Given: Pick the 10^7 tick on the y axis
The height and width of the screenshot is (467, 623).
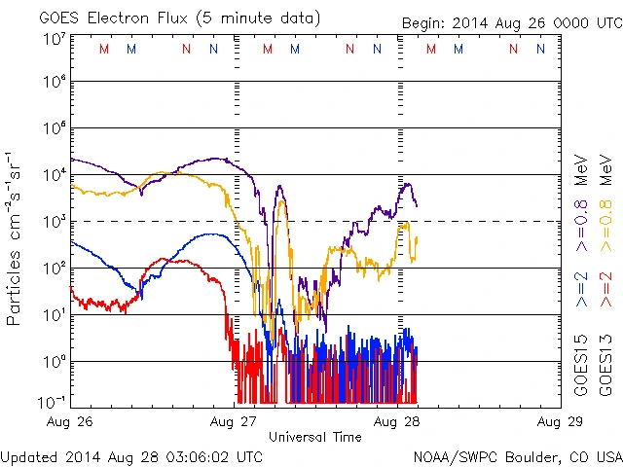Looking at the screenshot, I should point(54,39).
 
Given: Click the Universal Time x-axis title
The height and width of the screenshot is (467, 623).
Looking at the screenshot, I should point(315,437).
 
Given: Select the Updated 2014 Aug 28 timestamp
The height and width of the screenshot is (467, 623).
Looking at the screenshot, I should point(131,456).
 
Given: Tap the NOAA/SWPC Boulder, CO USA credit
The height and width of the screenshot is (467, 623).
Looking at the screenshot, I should point(517,456).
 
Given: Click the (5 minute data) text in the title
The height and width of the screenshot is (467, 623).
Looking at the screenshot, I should point(263,18).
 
